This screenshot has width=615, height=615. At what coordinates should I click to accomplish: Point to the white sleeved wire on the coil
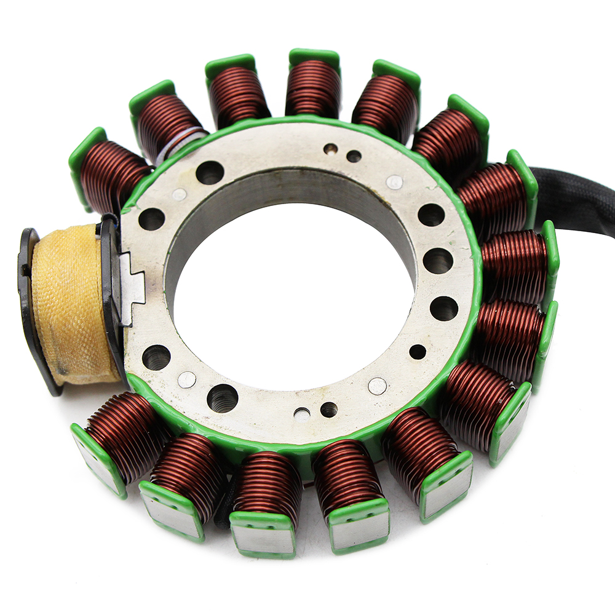click(184, 141)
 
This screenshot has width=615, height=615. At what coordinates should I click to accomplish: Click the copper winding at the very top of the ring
click(313, 89)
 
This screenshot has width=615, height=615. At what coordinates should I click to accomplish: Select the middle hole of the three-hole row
click(437, 261)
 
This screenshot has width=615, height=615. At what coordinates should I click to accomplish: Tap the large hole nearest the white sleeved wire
click(209, 173)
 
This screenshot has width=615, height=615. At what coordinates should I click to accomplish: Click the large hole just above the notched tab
click(151, 218)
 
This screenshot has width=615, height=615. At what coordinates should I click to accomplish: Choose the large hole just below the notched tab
click(156, 357)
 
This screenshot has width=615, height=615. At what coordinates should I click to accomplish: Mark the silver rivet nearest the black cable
click(394, 182)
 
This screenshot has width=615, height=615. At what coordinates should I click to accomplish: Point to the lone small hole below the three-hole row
click(418, 352)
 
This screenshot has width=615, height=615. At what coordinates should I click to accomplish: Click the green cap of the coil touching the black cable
click(523, 175)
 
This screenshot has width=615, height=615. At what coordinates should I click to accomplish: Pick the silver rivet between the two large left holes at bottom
click(187, 379)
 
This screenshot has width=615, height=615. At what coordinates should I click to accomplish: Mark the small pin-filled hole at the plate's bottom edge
click(301, 414)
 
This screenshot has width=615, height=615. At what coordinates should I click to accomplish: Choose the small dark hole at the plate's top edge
click(354, 156)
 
